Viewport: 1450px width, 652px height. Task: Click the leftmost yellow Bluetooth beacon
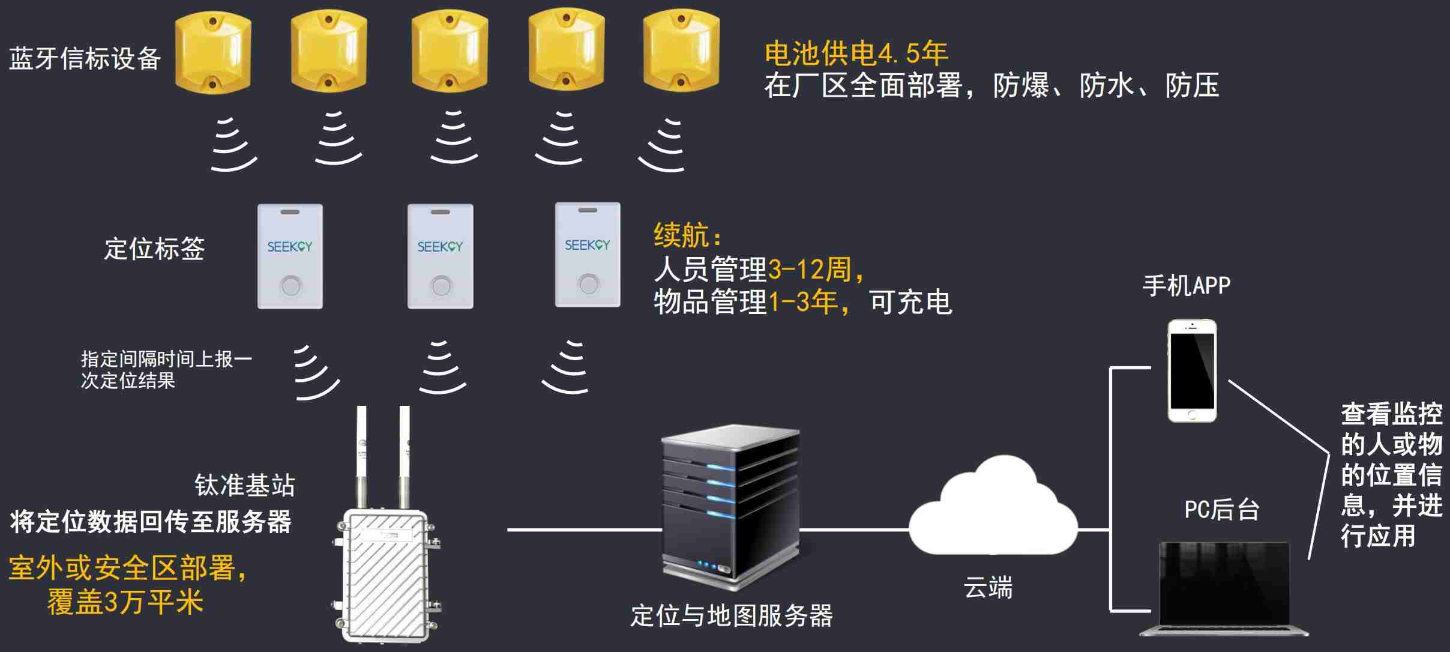(x=212, y=53)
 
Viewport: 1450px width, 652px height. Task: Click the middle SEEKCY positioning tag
(x=440, y=256)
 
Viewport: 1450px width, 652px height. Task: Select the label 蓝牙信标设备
(x=85, y=58)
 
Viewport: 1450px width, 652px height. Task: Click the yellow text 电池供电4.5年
(x=856, y=54)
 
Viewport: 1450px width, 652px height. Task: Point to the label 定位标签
(x=154, y=249)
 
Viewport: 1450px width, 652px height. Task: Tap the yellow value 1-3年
(x=804, y=301)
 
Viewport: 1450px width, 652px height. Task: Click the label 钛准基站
(x=245, y=485)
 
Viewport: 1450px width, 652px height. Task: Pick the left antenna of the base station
(x=361, y=456)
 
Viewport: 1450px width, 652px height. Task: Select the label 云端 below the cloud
(x=988, y=587)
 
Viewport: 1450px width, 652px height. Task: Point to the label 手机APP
(x=1186, y=285)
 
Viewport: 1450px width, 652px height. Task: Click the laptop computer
(x=1224, y=588)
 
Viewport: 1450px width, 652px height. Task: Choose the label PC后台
(x=1221, y=510)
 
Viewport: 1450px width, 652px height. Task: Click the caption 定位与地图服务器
(x=731, y=616)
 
